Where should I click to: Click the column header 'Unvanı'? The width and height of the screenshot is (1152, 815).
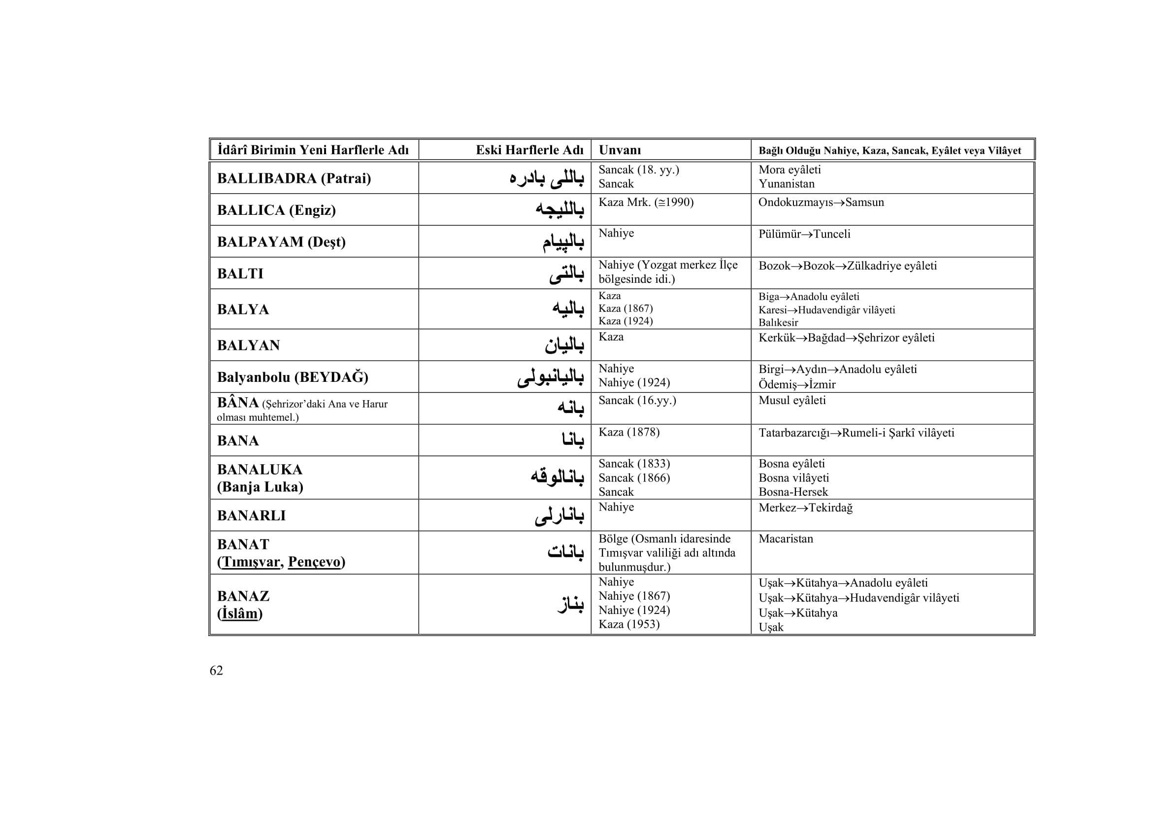click(620, 150)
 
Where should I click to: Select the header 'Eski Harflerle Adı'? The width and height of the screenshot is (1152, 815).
click(529, 150)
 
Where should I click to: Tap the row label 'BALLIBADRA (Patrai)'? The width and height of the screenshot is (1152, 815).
click(294, 178)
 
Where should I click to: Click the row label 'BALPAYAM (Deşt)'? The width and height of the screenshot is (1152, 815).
click(282, 242)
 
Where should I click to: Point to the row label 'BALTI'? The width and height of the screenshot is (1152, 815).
click(240, 273)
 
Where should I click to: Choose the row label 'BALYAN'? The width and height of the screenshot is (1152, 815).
click(248, 345)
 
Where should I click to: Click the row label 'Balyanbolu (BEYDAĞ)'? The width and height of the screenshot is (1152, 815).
click(293, 377)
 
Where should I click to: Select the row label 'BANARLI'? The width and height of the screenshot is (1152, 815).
click(251, 515)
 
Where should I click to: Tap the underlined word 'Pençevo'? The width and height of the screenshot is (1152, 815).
click(314, 562)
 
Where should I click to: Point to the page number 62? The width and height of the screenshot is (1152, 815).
click(216, 671)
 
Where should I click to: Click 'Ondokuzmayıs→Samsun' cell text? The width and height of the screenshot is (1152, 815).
click(821, 202)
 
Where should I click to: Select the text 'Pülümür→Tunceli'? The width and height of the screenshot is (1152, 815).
click(804, 234)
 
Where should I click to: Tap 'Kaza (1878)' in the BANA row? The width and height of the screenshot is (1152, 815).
click(628, 432)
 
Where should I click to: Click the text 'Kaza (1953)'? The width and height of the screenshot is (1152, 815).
click(628, 624)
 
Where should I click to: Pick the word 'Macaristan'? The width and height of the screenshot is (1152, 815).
click(786, 539)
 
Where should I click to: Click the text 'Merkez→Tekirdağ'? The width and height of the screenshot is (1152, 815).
click(805, 508)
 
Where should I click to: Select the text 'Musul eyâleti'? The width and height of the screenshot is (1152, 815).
click(792, 401)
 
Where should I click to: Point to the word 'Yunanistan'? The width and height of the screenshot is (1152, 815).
click(786, 184)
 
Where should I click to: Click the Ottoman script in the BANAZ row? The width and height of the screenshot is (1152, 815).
click(570, 604)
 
